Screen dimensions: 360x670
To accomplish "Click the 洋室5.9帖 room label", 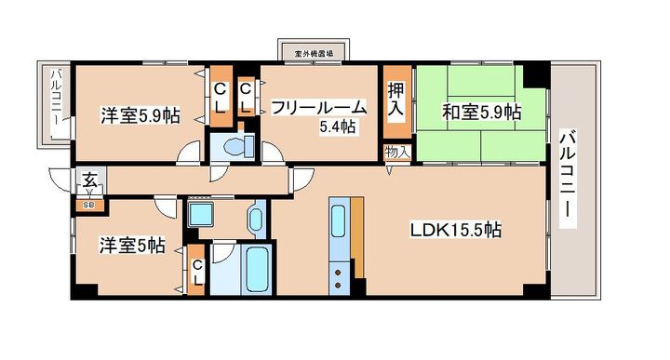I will pos(140,116).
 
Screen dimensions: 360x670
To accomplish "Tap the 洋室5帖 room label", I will pos(133,246).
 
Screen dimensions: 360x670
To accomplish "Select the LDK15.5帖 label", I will pos(456,229).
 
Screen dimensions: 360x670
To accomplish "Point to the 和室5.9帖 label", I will pos(480,112).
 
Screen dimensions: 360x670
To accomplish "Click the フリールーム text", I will pos(318,108).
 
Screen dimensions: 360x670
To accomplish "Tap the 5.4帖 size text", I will pos(337,127).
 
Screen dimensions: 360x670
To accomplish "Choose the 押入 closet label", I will pos(395,98).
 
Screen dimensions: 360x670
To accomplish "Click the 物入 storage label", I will pos(395,152).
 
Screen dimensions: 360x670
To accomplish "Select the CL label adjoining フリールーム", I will pos(246,98).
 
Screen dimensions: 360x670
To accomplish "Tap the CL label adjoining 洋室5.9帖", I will pos(221,98).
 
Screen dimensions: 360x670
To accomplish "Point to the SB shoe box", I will pos(89,203).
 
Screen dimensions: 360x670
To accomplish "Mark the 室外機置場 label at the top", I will pos(312,54).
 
